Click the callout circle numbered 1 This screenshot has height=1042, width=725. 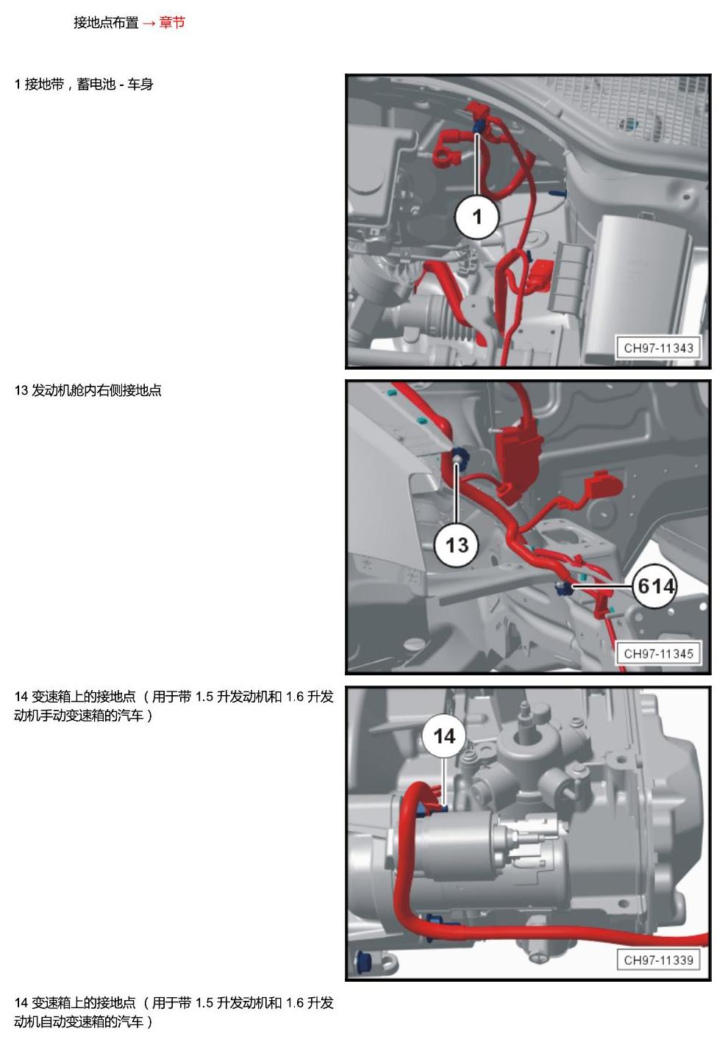click(x=476, y=217)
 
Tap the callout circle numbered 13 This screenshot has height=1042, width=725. click(x=457, y=545)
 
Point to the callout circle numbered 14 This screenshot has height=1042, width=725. click(x=444, y=736)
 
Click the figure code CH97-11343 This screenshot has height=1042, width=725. click(x=658, y=348)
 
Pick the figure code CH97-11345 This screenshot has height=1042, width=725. click(x=658, y=653)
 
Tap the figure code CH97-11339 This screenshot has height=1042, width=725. click(x=658, y=960)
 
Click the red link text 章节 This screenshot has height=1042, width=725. click(x=172, y=22)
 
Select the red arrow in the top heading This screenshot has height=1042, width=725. click(x=149, y=24)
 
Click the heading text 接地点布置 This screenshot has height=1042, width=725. click(x=106, y=22)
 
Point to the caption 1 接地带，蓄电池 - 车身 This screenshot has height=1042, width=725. click(x=84, y=85)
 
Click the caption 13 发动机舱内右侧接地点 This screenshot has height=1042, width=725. click(x=88, y=390)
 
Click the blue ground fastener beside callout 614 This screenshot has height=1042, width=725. click(x=565, y=588)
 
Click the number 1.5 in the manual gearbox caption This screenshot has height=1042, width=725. click(x=204, y=697)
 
